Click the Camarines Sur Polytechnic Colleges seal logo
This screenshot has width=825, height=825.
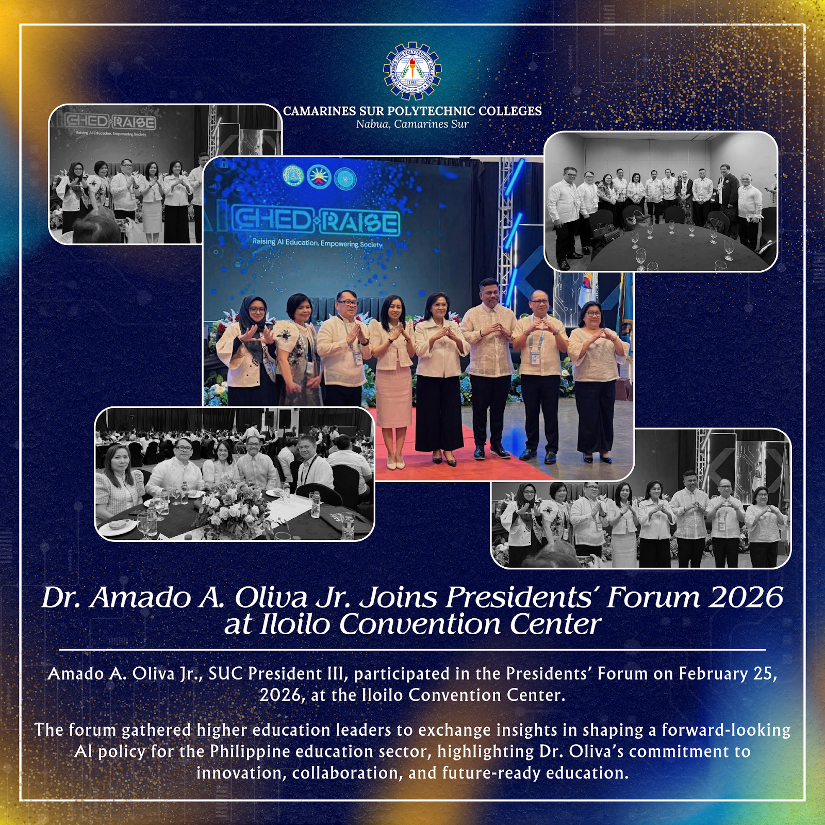(412, 71)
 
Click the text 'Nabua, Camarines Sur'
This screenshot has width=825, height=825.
(412, 124)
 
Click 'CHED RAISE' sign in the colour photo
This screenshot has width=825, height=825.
(316, 221)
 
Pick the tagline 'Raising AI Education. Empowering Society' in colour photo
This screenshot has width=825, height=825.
(317, 243)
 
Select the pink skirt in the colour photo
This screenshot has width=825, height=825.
(394, 396)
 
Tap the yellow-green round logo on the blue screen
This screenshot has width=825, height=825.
(293, 176)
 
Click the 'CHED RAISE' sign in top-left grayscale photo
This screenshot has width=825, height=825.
(110, 122)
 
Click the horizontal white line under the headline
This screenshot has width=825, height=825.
(412, 650)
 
